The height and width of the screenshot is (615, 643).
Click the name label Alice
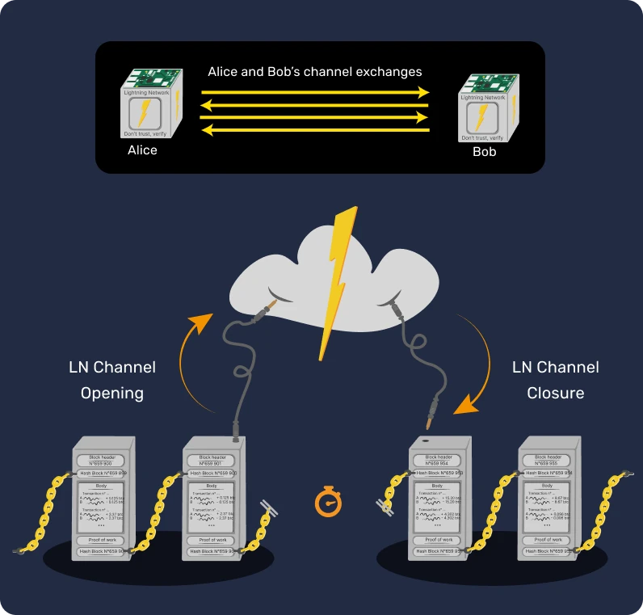pos(142,150)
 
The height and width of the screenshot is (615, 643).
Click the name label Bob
pos(485,152)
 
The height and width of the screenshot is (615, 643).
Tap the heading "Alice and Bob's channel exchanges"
pos(315,72)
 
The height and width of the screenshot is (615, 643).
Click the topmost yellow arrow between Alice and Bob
pos(315,92)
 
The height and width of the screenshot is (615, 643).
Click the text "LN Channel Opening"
pos(112,380)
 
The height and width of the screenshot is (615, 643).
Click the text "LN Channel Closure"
pos(556,380)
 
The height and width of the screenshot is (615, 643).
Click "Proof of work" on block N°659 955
pos(548,539)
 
